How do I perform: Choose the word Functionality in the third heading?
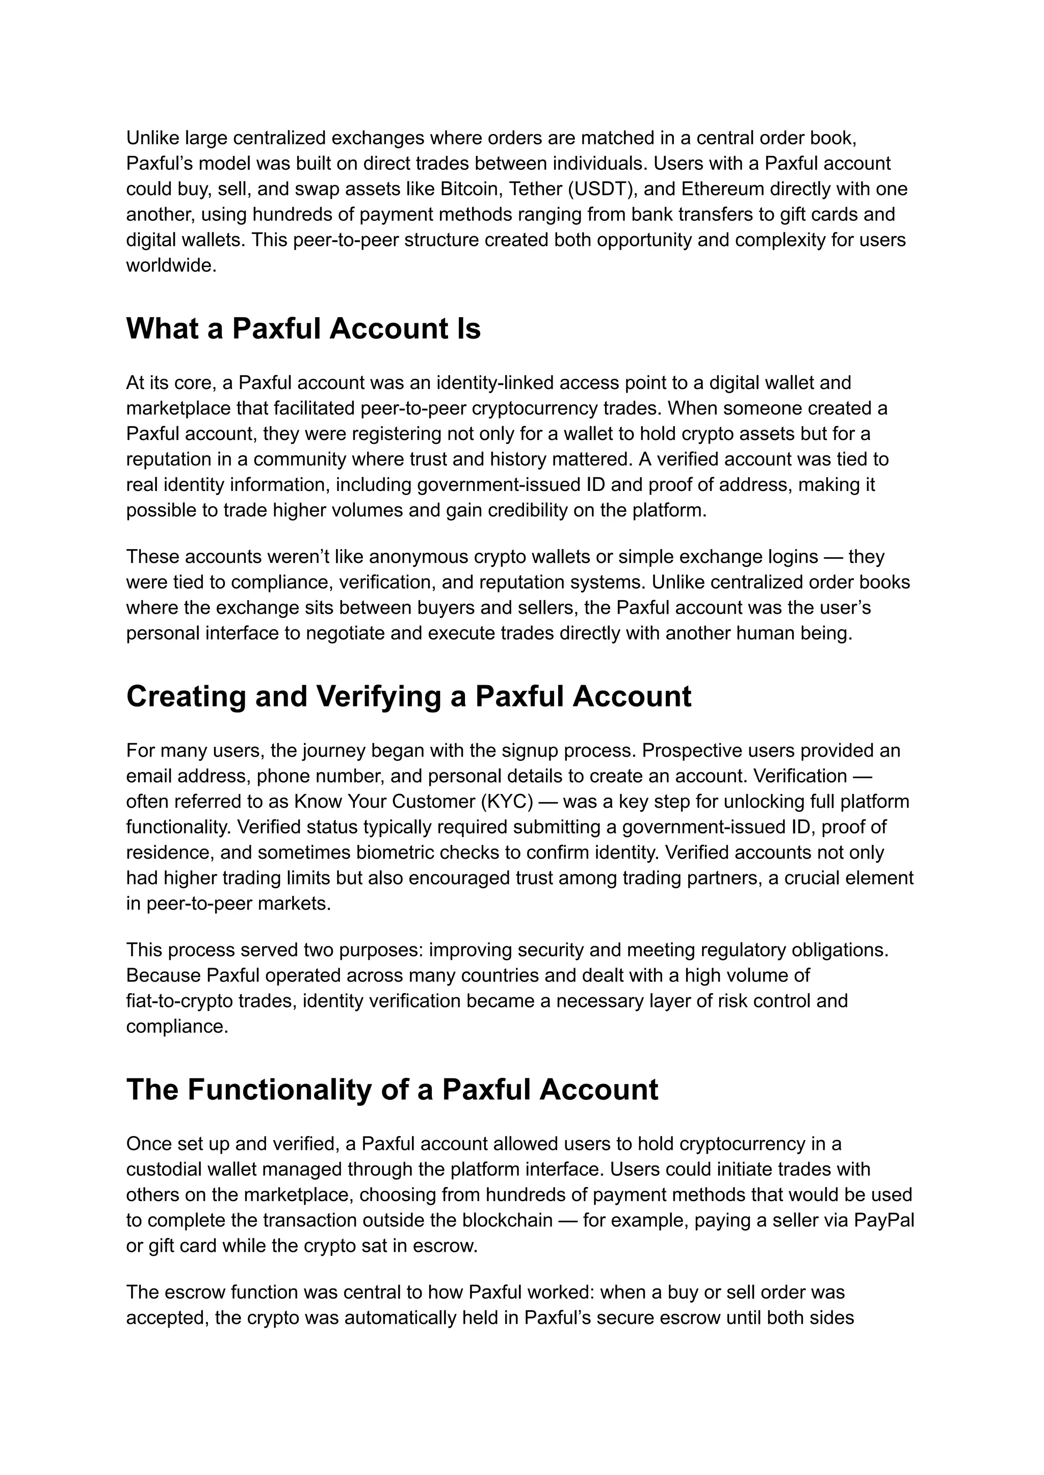click(303, 1090)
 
